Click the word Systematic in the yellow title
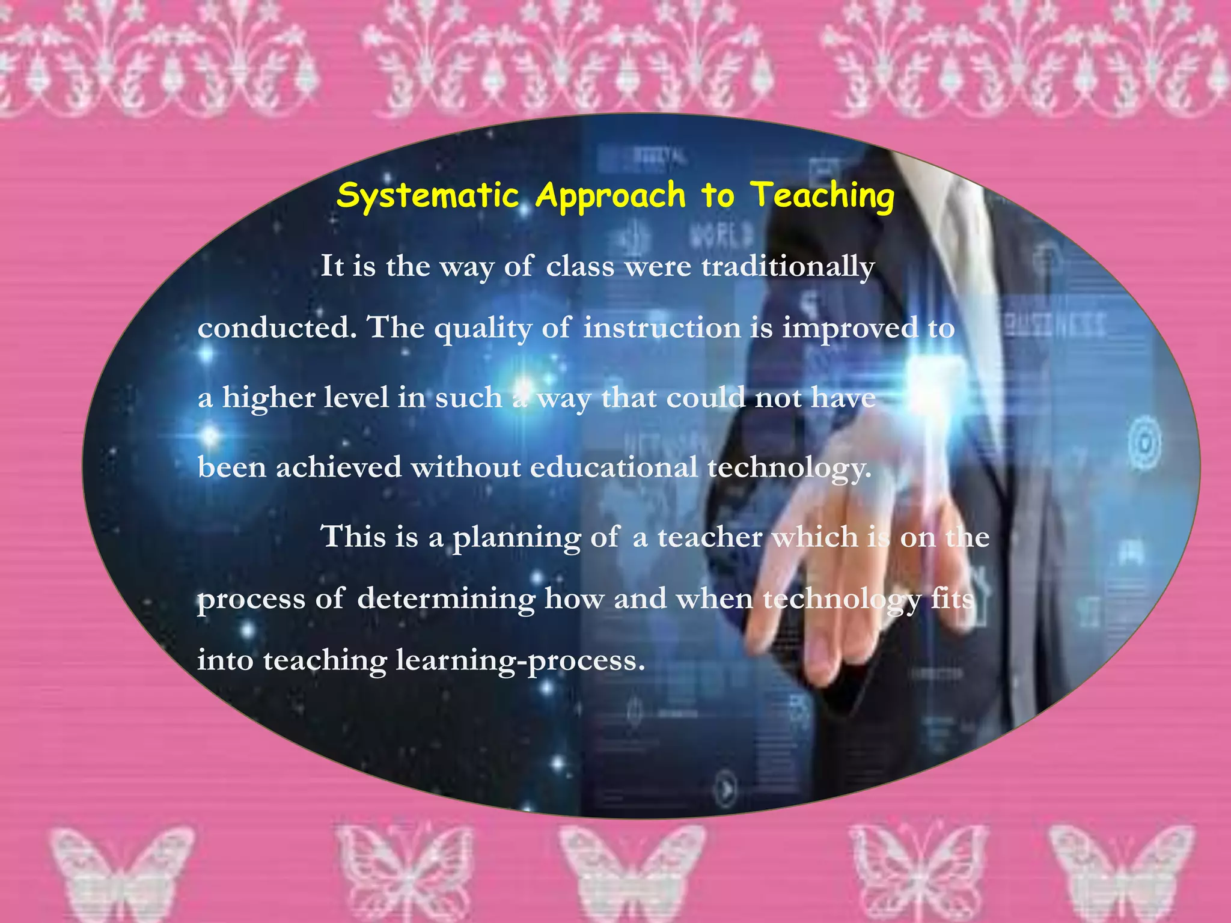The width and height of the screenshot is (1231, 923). (x=427, y=196)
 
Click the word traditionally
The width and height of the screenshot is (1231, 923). (x=788, y=266)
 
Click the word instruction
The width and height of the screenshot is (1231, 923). (x=662, y=328)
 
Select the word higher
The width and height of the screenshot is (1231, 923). (x=268, y=398)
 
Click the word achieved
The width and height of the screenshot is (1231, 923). (x=338, y=468)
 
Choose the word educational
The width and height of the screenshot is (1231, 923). (x=614, y=468)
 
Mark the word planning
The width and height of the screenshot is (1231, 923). (x=516, y=537)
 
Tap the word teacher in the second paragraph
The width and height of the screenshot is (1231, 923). (x=709, y=537)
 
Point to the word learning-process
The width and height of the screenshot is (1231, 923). (x=521, y=661)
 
